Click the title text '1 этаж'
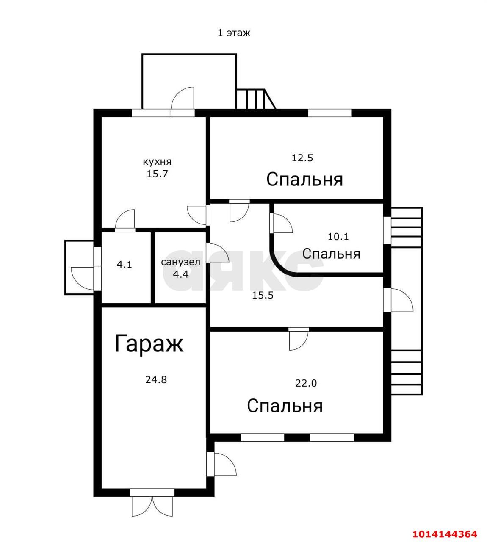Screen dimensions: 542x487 tap(234, 33)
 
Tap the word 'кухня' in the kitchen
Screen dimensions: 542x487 tap(157, 162)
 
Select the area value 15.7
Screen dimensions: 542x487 tap(157, 174)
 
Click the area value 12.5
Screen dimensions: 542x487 tap(302, 158)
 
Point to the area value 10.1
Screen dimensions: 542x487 tap(338, 237)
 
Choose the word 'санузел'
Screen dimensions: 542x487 tap(180, 262)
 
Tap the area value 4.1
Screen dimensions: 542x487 tap(125, 265)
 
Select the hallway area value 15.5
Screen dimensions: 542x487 tap(263, 296)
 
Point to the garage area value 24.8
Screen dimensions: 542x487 tap(156, 380)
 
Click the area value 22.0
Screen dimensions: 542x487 tap(306, 383)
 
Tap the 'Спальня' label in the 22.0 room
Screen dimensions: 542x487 tap(285, 406)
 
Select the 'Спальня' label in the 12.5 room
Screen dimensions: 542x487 tap(304, 180)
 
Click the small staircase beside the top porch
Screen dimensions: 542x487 tap(255, 99)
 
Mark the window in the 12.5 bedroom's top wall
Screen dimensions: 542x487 tap(329, 113)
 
